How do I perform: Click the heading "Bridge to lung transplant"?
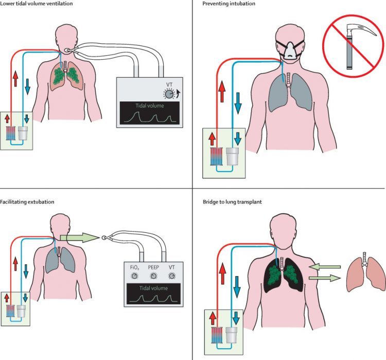point(233,202)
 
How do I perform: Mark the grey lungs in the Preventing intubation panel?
point(290,93)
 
